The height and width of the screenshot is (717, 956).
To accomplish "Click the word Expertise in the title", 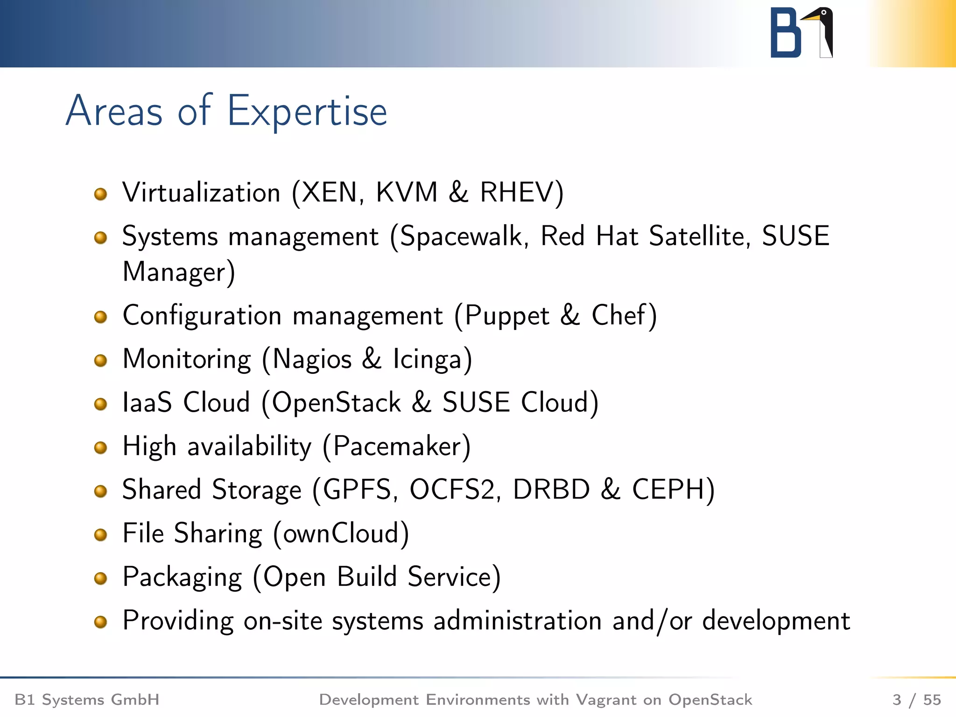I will tap(307, 112).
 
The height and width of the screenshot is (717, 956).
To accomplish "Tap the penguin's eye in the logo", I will tap(824, 13).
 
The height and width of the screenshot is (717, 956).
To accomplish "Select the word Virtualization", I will tap(201, 192).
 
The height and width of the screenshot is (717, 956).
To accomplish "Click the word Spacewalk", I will tap(460, 236).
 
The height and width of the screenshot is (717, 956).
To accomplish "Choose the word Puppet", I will tap(507, 316).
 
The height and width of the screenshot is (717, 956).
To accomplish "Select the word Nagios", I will tap(312, 359).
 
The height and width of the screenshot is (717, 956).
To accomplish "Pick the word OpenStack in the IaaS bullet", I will tap(336, 402).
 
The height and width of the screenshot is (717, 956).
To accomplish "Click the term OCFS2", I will tap(451, 490).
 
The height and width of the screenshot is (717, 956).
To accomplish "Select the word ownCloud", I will tap(340, 533).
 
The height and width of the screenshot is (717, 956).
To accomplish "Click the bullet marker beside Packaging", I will tap(100, 578).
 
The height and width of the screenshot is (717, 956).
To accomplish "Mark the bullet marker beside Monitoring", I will tap(100, 360).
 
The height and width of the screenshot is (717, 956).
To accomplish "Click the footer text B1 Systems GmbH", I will tap(87, 700).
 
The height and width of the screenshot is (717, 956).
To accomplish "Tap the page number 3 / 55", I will tap(916, 700).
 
